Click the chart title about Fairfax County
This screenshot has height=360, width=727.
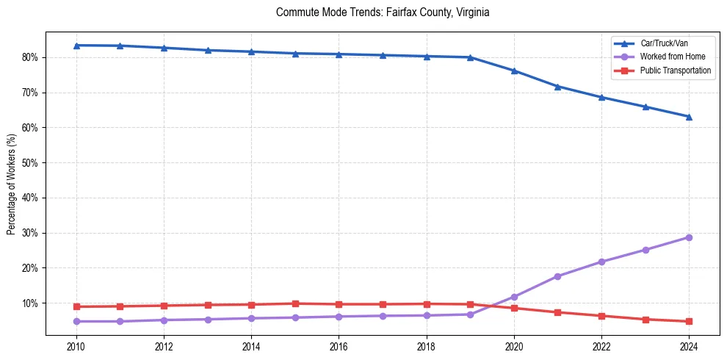383,12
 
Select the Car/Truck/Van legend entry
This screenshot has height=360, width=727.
664,43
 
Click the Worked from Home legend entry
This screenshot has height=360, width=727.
669,57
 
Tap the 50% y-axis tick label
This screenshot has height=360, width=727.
31,163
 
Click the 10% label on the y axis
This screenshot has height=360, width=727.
31,303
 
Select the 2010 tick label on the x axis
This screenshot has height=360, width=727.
76,345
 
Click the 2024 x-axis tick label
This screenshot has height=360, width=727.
689,345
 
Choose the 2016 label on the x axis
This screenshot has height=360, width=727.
339,345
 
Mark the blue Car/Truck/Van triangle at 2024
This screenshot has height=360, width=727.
689,117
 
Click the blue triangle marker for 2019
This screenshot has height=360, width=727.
470,57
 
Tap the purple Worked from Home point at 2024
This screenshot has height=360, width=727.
689,237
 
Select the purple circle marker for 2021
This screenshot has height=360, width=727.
557,276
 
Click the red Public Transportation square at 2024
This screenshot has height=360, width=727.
689,321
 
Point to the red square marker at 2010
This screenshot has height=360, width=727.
76,306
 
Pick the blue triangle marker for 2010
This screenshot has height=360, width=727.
76,46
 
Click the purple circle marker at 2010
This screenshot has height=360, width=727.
76,321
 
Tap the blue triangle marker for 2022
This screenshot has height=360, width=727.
601,97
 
